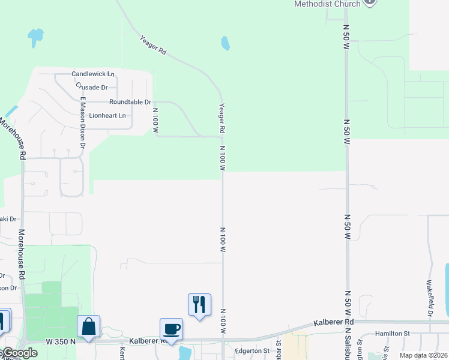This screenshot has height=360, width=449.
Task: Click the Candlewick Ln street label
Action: pyautogui.click(x=93, y=74)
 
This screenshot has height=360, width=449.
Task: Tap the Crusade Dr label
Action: pyautogui.click(x=92, y=87)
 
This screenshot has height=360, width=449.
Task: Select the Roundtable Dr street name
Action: pyautogui.click(x=130, y=102)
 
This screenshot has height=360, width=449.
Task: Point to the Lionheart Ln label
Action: pyautogui.click(x=107, y=115)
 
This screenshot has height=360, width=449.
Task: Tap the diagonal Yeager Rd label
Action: pyautogui.click(x=152, y=46)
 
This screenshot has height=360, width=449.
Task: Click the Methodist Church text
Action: pyautogui.click(x=327, y=4)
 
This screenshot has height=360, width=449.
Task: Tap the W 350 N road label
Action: pyautogui.click(x=61, y=341)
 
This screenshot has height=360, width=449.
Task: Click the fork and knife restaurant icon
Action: pyautogui.click(x=200, y=304)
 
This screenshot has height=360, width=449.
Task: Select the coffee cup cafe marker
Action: pyautogui.click(x=171, y=329)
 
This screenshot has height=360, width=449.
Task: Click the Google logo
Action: pyautogui.click(x=19, y=353)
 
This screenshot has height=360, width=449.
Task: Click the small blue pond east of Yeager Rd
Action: pyautogui.click(x=225, y=43)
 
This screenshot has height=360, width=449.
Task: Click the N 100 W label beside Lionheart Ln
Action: pyautogui.click(x=155, y=120)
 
